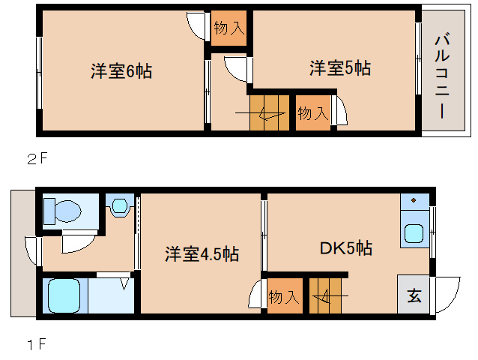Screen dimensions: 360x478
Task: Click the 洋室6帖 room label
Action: [121, 71]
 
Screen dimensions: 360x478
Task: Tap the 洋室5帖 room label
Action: [340, 68]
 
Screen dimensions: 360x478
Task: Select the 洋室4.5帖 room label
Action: [202, 254]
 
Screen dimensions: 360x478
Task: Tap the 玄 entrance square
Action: [414, 294]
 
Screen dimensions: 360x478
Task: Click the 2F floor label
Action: [37, 158]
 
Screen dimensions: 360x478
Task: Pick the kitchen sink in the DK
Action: [414, 232]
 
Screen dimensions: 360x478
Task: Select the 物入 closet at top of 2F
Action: [228, 29]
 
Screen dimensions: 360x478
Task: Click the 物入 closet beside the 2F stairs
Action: [312, 113]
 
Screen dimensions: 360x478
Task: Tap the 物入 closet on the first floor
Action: [284, 295]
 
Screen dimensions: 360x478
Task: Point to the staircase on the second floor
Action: [268, 112]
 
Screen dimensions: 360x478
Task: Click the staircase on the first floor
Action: [329, 295]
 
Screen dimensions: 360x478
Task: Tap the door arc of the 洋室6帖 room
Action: [196, 27]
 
